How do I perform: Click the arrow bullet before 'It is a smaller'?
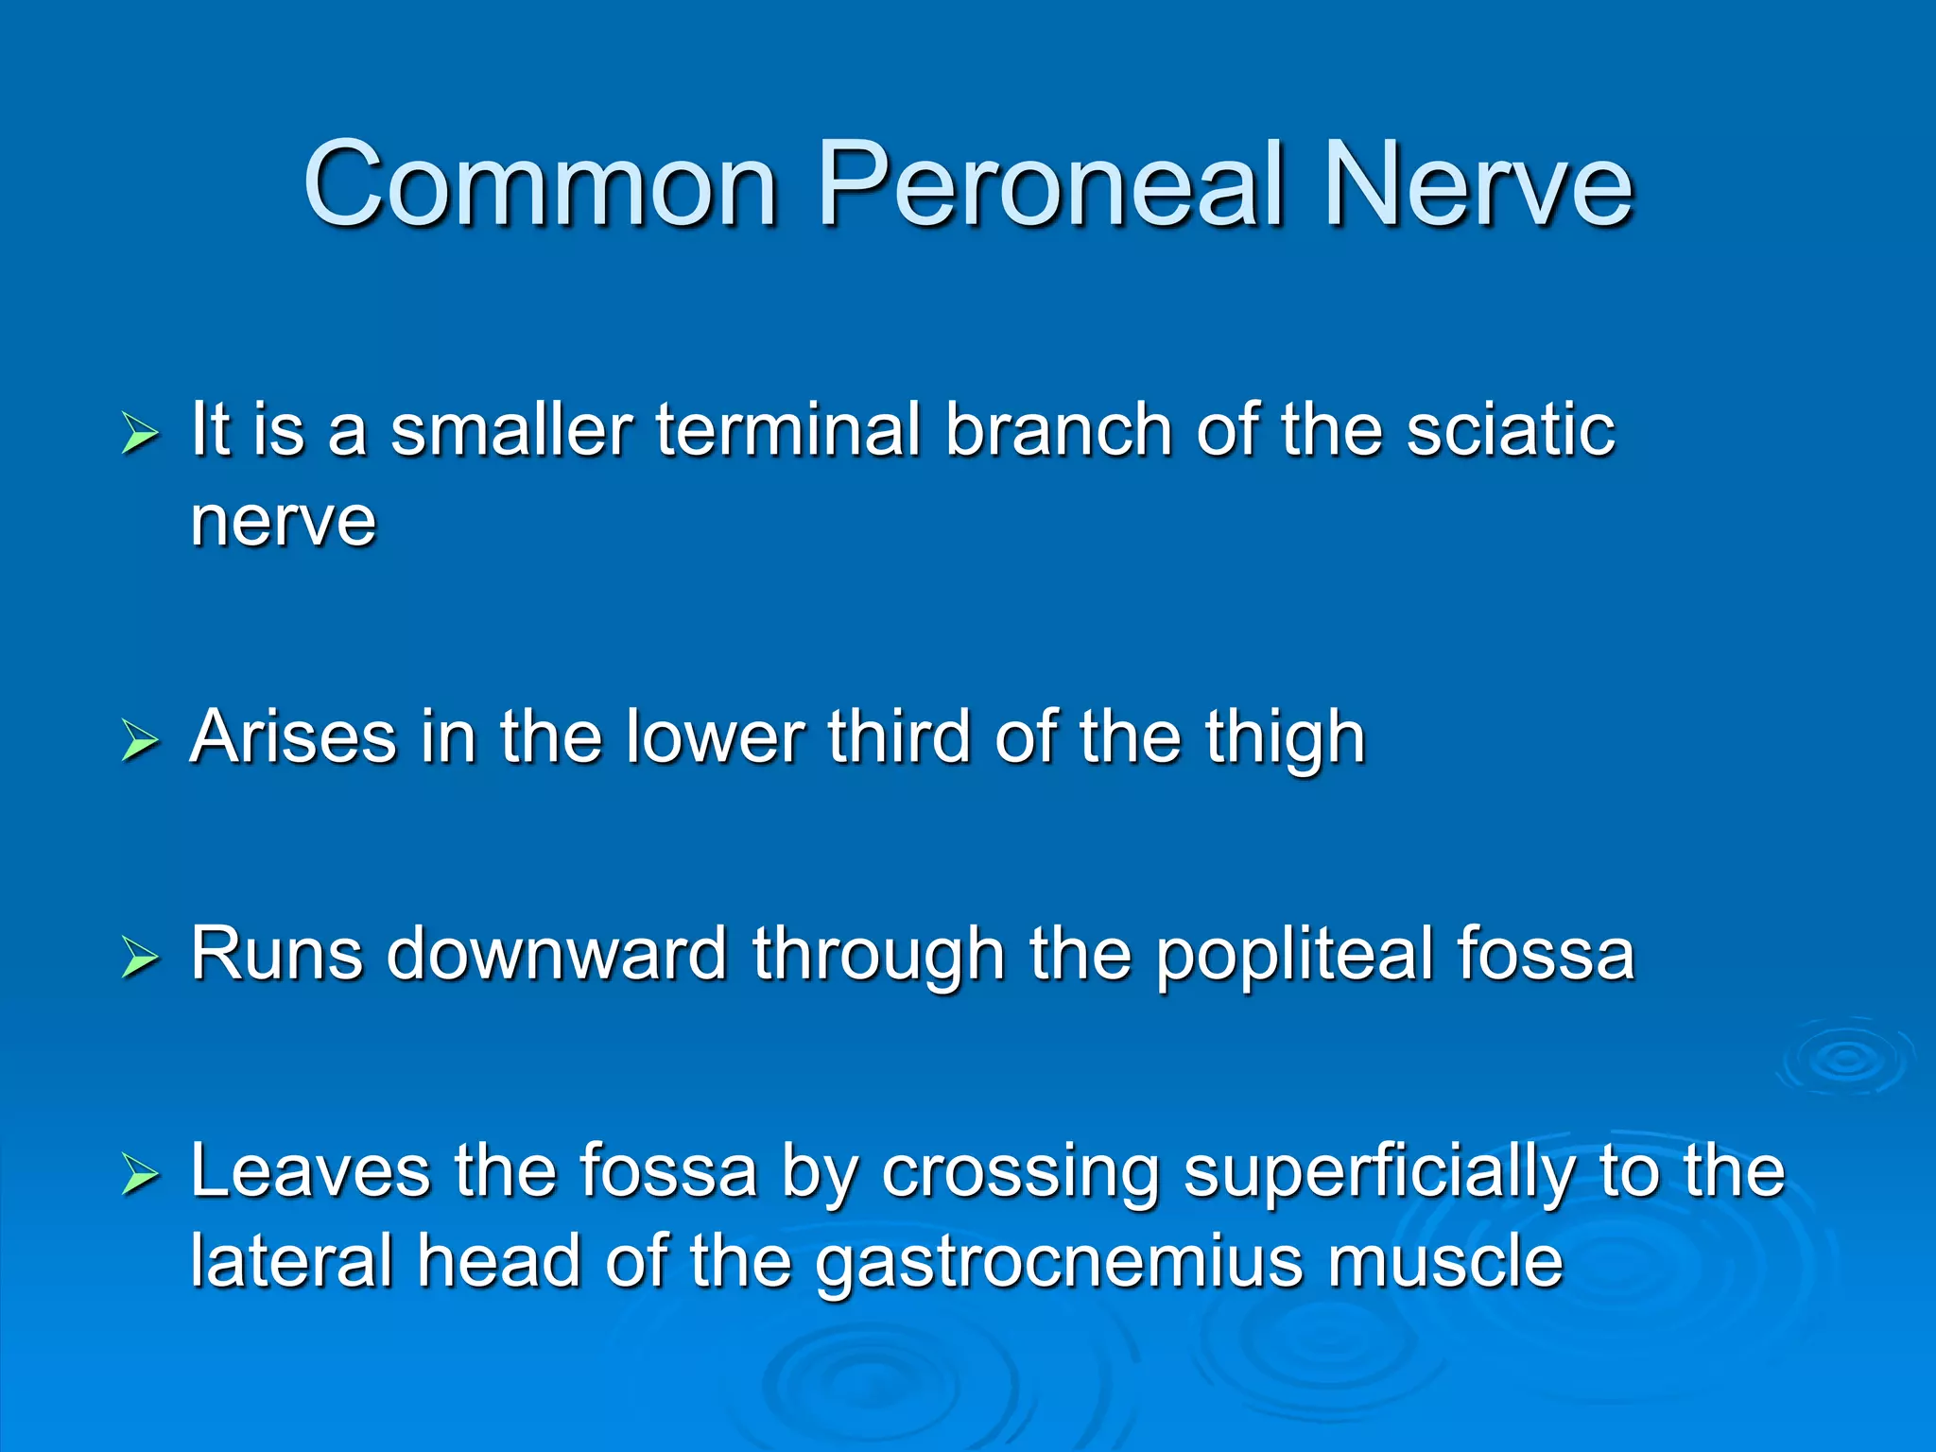pyautogui.click(x=140, y=435)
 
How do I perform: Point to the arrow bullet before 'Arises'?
pyautogui.click(x=140, y=741)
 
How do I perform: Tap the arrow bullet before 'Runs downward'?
pyautogui.click(x=140, y=958)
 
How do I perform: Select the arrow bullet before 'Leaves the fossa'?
pyautogui.click(x=140, y=1176)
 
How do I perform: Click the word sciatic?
pyautogui.click(x=1510, y=430)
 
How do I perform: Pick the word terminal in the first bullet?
pyautogui.click(x=788, y=430)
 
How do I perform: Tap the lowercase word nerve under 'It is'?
pyautogui.click(x=283, y=521)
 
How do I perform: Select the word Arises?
pyautogui.click(x=293, y=736)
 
